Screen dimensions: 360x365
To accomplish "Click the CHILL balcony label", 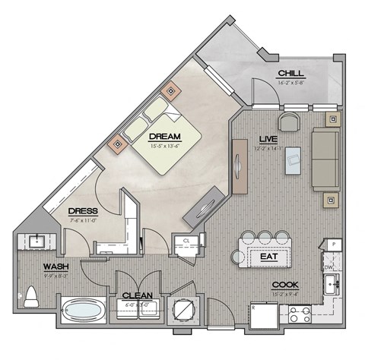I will tap(292, 72).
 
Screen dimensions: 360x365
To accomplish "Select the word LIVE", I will tap(267, 139).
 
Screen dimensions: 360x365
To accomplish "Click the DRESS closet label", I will tap(81, 210).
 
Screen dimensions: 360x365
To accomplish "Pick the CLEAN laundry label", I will tap(138, 295).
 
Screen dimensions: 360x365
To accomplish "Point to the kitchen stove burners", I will tap(299, 311).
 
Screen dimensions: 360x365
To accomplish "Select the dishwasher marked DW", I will tap(328, 267).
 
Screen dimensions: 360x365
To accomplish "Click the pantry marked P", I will tap(332, 245).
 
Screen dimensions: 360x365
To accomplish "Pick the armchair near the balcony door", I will tap(289, 122).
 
